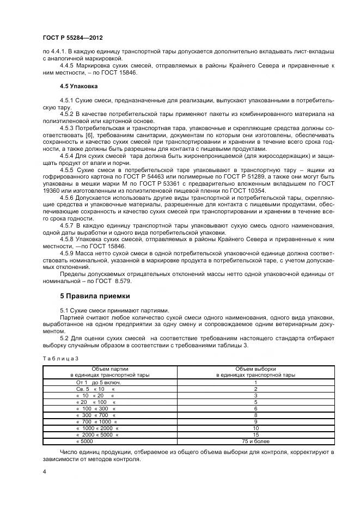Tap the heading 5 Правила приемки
(95, 296)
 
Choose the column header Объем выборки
(255, 369)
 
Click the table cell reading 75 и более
(255, 442)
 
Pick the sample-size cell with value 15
(255, 436)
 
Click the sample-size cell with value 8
(255, 415)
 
